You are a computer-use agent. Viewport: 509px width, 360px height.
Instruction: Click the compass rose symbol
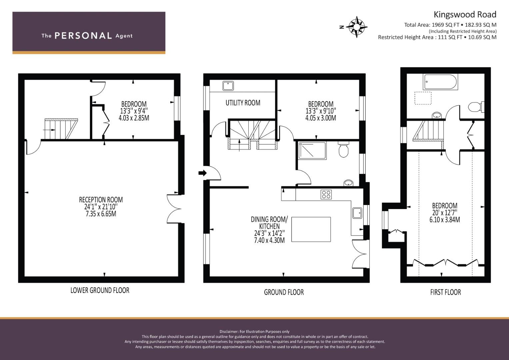[356, 27]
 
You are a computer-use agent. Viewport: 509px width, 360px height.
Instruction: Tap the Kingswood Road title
[465, 15]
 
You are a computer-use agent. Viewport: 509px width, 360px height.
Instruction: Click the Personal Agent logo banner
[89, 33]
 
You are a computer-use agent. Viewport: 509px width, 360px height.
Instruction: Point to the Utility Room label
[243, 103]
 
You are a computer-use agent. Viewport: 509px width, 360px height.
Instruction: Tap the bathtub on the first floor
[440, 82]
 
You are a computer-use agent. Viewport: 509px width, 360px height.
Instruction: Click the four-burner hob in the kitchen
[326, 194]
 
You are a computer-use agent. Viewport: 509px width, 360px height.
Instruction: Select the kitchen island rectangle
[311, 229]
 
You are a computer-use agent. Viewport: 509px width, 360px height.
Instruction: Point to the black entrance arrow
[202, 173]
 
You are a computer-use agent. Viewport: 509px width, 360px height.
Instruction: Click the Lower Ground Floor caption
[100, 290]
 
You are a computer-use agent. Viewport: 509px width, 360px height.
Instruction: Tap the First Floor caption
[445, 292]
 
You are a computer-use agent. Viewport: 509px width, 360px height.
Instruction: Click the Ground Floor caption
[284, 292]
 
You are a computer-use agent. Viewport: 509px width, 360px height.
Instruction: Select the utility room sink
[228, 86]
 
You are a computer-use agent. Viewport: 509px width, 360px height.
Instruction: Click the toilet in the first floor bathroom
[475, 107]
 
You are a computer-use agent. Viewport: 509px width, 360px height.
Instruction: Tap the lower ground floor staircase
[60, 129]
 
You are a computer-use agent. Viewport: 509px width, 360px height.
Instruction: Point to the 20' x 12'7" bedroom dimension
[445, 213]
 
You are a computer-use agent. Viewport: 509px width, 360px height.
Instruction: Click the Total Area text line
[450, 25]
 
